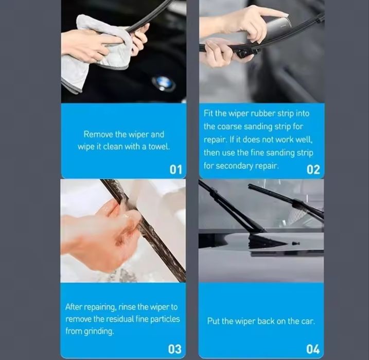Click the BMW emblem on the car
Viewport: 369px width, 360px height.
[164, 83]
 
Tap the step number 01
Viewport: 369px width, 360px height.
[176, 169]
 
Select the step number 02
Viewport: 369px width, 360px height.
[313, 169]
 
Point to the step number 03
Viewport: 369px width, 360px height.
[174, 349]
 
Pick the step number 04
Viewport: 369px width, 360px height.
[313, 349]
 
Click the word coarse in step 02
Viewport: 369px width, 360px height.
[230, 127]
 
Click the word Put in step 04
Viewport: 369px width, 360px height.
[213, 321]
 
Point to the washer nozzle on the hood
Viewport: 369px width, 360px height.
[295, 243]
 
